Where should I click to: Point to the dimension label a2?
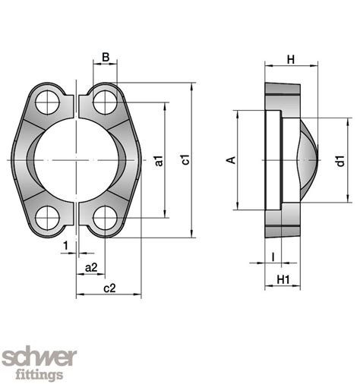tap(90, 267)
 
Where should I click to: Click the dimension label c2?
tap(109, 288)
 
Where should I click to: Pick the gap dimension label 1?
tap(67, 245)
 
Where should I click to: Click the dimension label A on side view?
tap(232, 159)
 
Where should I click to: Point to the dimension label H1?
tap(283, 279)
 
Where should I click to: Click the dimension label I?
tap(273, 257)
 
